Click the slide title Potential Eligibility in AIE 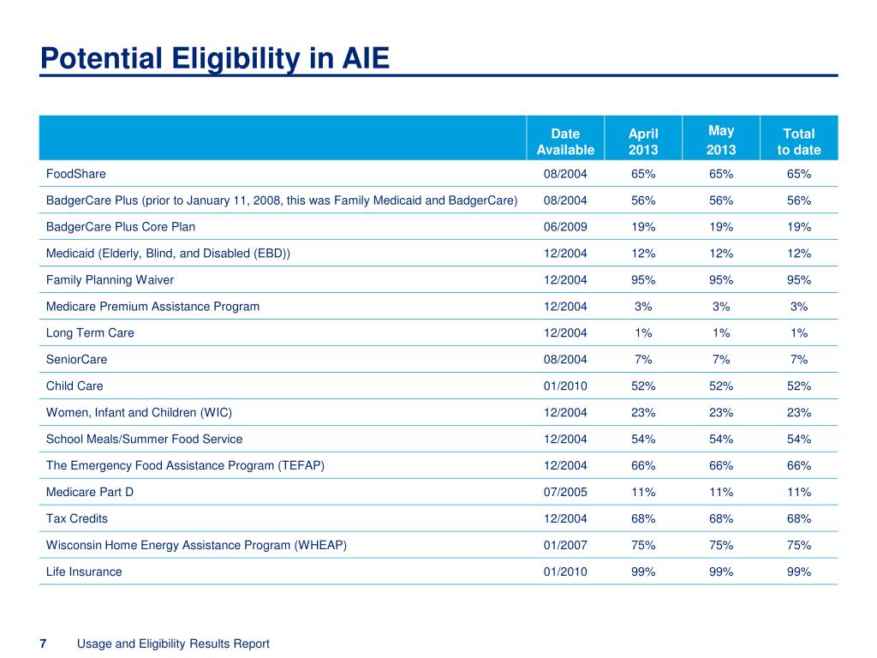215,59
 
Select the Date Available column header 565,141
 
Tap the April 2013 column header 643,141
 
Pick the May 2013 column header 721,140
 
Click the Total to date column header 799,141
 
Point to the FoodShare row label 76,174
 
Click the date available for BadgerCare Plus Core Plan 565,227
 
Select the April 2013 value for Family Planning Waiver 643,280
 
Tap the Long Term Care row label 90,333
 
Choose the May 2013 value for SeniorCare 721,359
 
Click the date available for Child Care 565,386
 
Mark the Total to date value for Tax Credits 799,518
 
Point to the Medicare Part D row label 90,493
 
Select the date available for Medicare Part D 565,493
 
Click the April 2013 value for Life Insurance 643,571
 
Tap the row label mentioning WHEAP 196,546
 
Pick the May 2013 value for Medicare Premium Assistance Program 721,307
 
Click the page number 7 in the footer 43,644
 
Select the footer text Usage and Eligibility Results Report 173,644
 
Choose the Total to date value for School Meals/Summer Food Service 799,440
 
